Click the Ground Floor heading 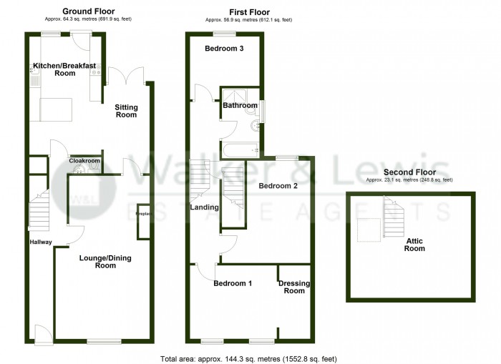click(x=89, y=11)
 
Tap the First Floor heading click(x=250, y=12)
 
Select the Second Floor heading click(x=409, y=172)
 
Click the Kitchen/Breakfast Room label click(x=65, y=69)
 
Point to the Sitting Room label click(x=126, y=111)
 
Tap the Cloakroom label click(x=84, y=161)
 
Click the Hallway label click(x=41, y=242)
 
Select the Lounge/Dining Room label click(x=105, y=262)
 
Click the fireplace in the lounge click(x=143, y=221)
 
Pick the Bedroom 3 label click(x=224, y=49)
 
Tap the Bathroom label click(x=240, y=105)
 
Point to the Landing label click(x=205, y=207)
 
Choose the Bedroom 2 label click(x=278, y=186)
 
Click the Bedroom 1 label click(x=233, y=283)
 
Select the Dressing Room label click(x=294, y=287)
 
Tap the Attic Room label click(x=414, y=245)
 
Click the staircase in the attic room click(x=394, y=217)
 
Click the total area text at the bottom click(x=248, y=359)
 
